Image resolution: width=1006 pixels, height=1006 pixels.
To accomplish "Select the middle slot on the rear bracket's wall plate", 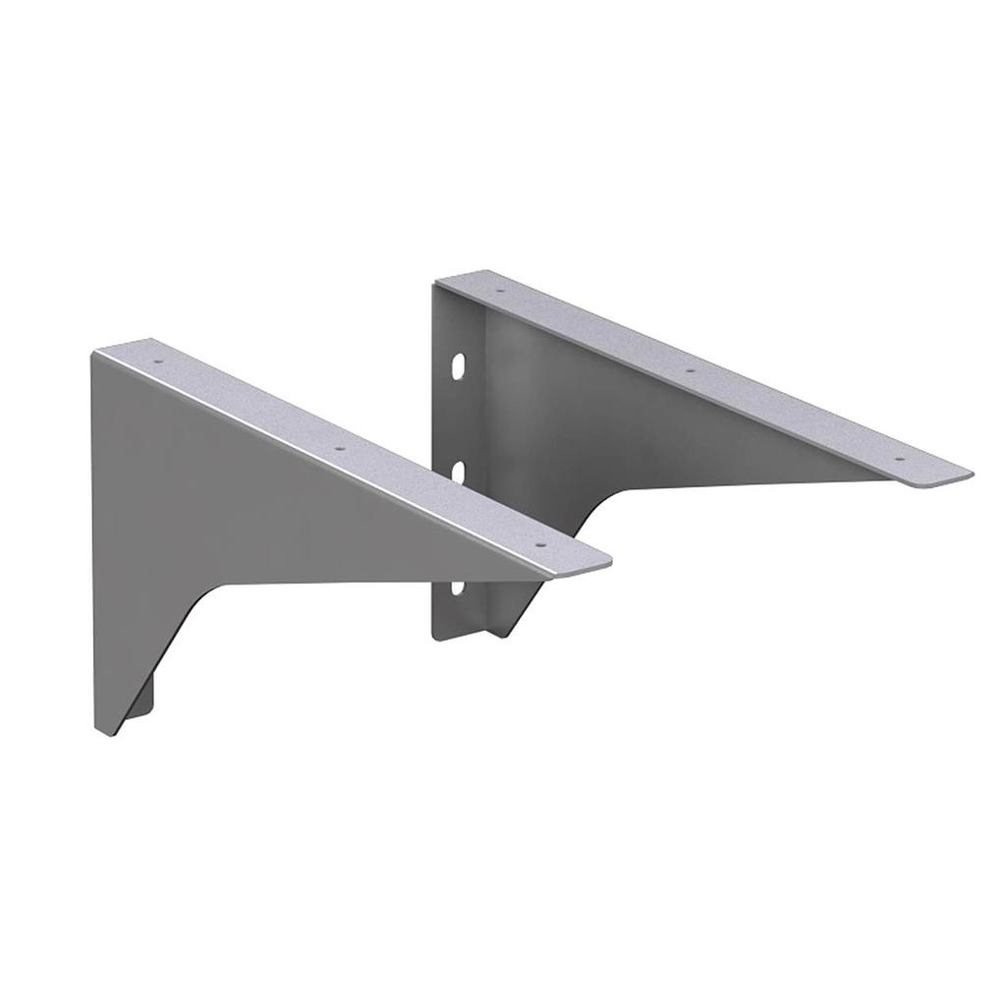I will tap(458, 472).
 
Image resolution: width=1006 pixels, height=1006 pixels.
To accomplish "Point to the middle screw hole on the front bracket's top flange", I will tap(341, 448).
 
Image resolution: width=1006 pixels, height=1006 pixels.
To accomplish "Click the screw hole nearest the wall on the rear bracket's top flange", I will tap(498, 292).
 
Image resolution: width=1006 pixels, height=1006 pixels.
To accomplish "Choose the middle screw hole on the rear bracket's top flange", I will tap(690, 370).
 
